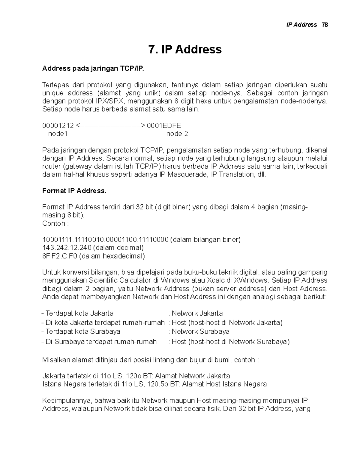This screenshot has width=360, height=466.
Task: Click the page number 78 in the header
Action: pos(325,25)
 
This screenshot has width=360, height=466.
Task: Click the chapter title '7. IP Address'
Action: pos(185,49)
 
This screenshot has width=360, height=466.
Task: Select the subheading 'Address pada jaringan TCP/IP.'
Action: pos(93,69)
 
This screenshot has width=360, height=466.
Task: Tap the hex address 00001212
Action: pos(58,125)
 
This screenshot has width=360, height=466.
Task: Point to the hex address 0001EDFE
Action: pos(164,125)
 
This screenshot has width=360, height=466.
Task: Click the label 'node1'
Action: pos(58,134)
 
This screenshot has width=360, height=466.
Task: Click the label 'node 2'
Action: pos(177,134)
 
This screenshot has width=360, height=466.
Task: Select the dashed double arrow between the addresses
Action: pos(110,125)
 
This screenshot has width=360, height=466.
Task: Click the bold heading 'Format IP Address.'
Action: pos(74,191)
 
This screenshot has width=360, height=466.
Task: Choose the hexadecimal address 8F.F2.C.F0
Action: pos(60,256)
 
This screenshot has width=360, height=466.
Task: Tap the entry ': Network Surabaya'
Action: pos(199,332)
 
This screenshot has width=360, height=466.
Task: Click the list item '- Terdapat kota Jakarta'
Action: pos(77,314)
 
